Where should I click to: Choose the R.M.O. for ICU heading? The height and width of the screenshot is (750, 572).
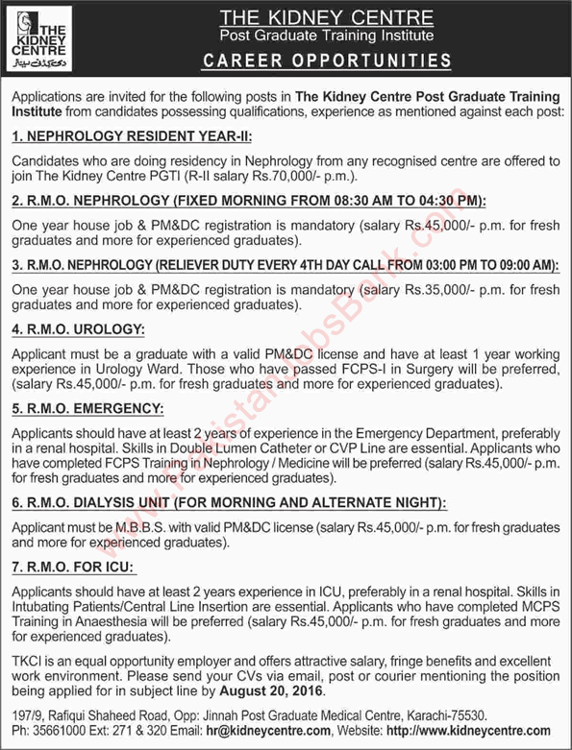(x=73, y=566)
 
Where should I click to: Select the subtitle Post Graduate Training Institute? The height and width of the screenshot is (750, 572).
(x=326, y=36)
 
